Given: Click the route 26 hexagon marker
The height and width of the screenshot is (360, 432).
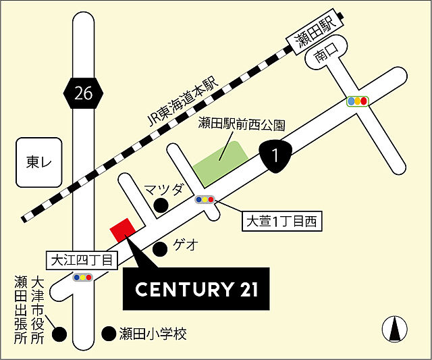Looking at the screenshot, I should tap(84, 94).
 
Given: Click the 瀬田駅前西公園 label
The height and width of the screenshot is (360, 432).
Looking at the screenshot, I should tap(242, 125).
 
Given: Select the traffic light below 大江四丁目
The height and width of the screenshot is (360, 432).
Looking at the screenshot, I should tap(83, 277).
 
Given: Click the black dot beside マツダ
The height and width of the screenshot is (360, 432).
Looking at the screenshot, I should tap(161, 205).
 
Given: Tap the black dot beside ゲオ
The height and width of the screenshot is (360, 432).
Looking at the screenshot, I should tap(160, 249).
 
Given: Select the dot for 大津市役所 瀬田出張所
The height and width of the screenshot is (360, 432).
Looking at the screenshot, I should tap(61, 334).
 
